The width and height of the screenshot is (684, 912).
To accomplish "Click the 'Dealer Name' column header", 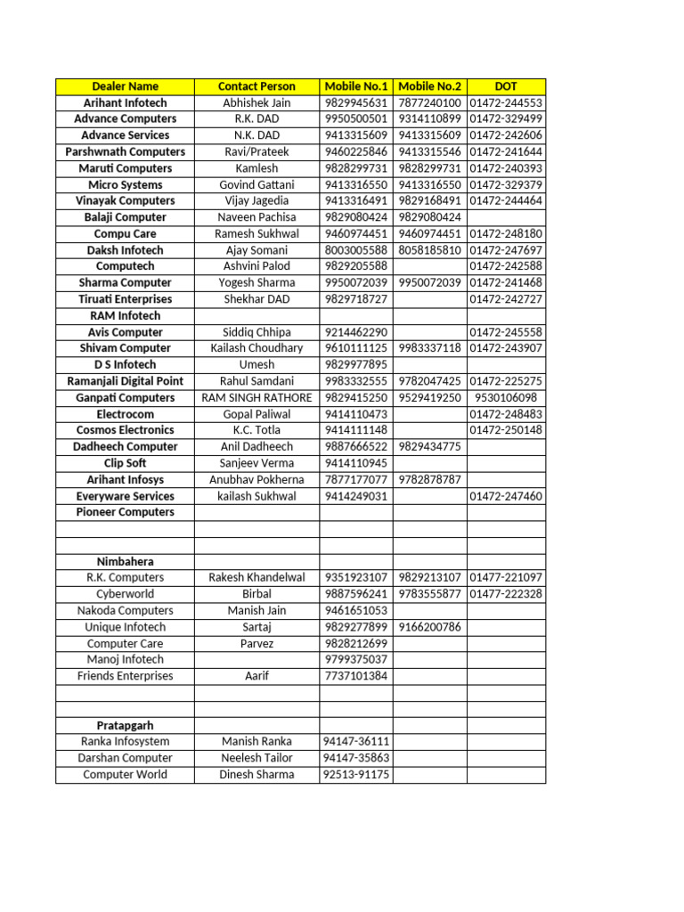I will pos(125,86).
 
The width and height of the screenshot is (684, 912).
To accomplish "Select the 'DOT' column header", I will pos(505,86).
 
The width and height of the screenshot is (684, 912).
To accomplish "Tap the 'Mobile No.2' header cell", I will pos(429,86).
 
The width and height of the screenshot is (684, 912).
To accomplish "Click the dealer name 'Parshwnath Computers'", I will pos(125,152).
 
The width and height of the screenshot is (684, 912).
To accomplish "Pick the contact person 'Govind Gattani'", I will pos(256,185).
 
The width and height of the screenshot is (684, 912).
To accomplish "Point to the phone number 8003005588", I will pos(356,250).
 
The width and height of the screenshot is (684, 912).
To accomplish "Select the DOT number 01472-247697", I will pos(505,250).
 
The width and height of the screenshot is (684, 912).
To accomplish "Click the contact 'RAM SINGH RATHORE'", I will pos(256,398).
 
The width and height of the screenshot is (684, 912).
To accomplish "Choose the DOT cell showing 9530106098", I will pos(505,398).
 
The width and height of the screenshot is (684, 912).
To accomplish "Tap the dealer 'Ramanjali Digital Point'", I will pos(125,381).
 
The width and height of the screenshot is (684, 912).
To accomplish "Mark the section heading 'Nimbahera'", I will pos(125,562).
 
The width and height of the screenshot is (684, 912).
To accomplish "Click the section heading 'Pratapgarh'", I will pos(125,725).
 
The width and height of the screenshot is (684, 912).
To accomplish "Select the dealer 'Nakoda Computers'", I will pos(125,611).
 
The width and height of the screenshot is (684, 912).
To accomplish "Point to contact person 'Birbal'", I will pos(256,594).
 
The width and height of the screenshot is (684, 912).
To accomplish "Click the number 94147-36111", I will pos(356,742).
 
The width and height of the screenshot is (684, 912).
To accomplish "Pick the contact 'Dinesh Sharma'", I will pos(256,775).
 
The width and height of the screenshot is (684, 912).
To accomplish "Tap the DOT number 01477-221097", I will pos(505,578).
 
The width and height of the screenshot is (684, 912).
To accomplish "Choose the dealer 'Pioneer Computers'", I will pos(125,512).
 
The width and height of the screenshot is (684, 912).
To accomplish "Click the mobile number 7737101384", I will pos(356,676).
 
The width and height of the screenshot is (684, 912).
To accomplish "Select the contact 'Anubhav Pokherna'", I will pos(256,480).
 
